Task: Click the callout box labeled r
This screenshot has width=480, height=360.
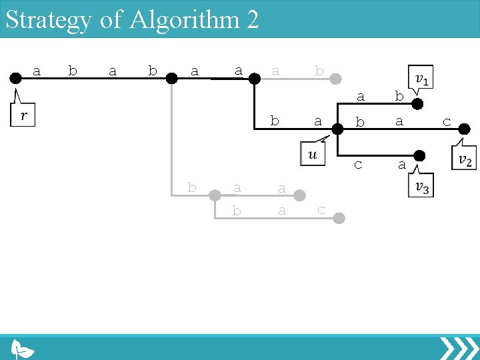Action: click(24, 115)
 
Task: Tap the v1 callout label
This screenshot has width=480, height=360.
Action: click(421, 79)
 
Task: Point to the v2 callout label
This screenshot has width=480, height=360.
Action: click(464, 159)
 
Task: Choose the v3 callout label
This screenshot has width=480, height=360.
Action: click(421, 187)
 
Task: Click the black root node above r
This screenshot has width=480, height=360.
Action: click(15, 78)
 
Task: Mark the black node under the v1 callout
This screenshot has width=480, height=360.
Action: click(417, 103)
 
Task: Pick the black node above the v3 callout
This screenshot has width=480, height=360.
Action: click(419, 157)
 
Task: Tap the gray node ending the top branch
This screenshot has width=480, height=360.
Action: click(339, 78)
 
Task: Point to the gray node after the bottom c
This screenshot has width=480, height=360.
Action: click(339, 218)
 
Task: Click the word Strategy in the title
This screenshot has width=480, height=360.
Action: click(49, 20)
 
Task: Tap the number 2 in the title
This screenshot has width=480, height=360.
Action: click(252, 20)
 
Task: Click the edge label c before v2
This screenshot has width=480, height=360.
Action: click(447, 122)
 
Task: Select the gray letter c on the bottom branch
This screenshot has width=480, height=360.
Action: click(321, 210)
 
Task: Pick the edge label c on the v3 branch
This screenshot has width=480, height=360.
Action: click(358, 164)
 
